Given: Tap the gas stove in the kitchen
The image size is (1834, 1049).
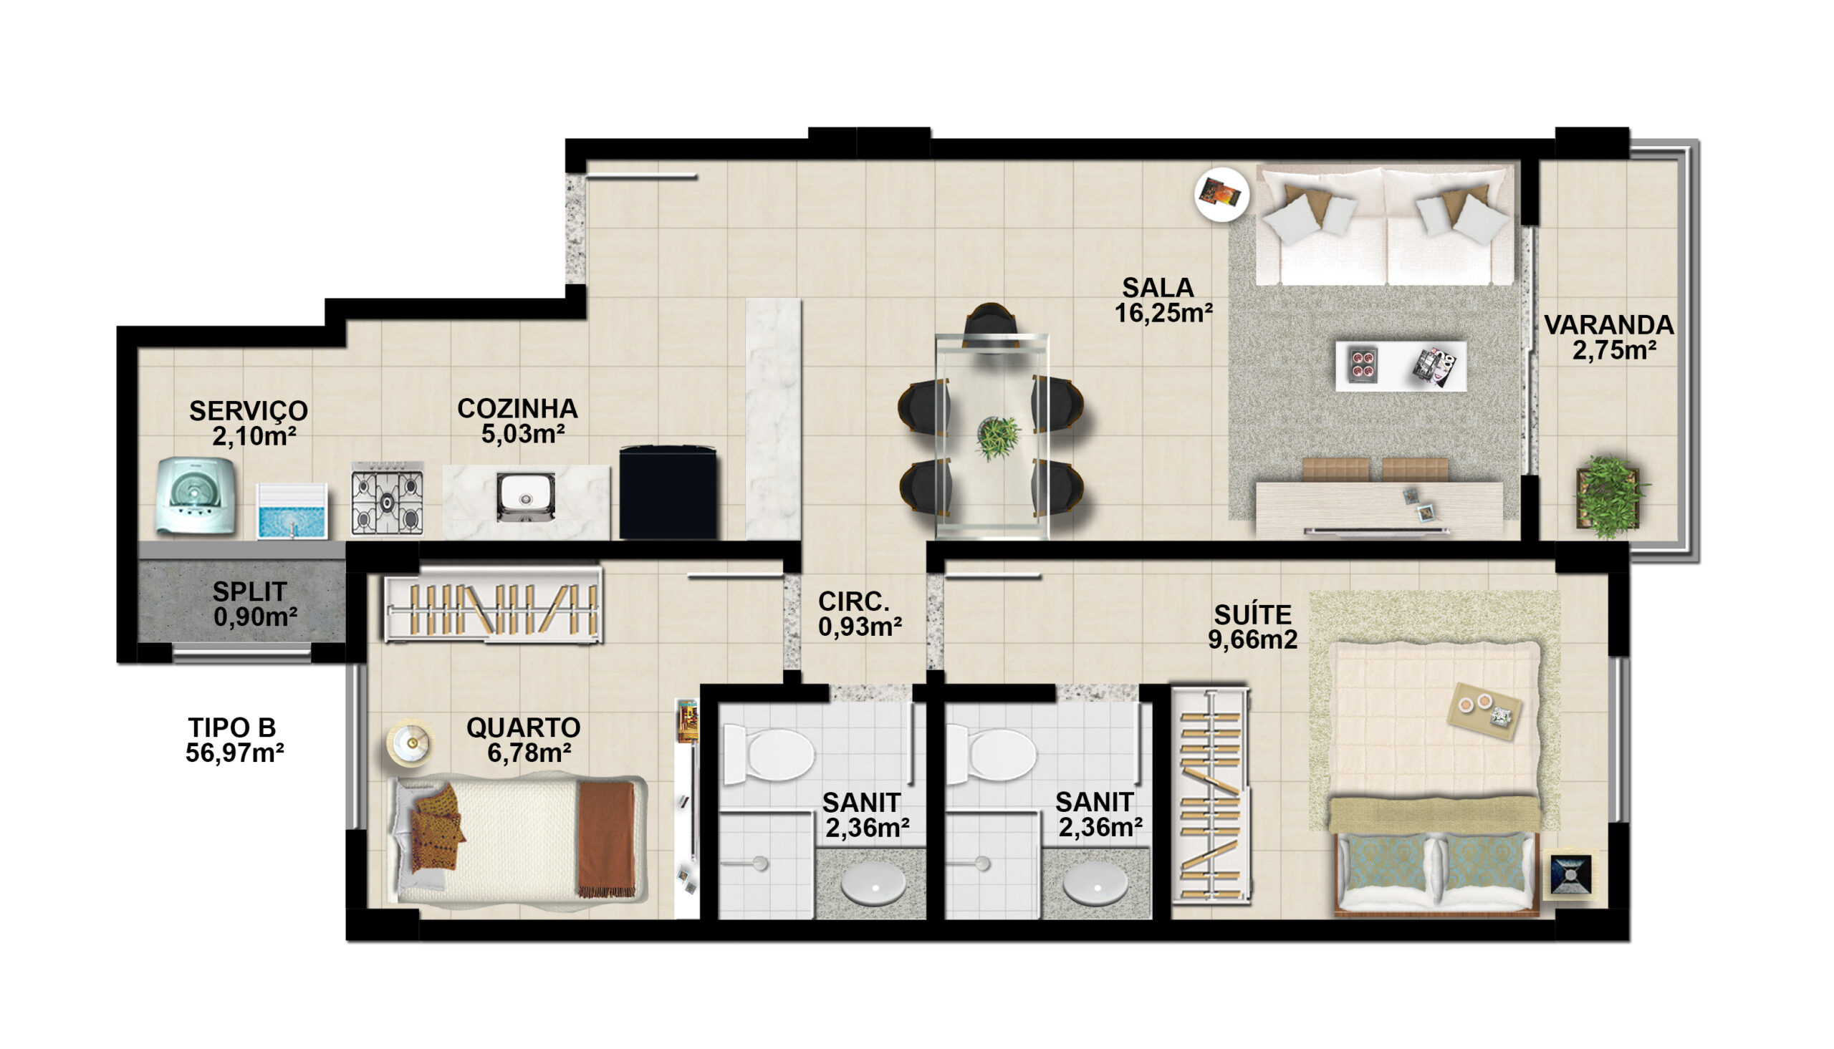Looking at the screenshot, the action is coord(388,498).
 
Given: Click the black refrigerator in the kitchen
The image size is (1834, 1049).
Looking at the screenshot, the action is coord(668,492).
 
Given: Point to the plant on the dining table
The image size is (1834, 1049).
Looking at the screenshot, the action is coord(998,437).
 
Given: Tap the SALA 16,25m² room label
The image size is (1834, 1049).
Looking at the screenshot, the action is coord(1164,300).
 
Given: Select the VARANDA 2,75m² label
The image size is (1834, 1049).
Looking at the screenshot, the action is coord(1609,337).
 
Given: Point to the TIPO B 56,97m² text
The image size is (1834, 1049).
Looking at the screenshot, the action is coord(234,740).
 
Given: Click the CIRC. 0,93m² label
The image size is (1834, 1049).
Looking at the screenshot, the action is coord(860,614).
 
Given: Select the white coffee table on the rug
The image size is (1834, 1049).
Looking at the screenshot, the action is coord(1401,366).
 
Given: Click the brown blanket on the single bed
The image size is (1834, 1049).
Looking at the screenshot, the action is coord(607,838).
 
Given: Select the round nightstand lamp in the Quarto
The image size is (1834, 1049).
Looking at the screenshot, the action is coord(410,743).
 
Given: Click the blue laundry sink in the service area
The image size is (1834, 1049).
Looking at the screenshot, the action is coord(292,511).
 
